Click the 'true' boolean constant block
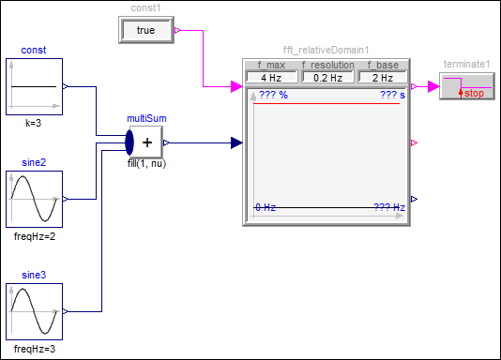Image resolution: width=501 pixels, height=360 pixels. [x=146, y=30]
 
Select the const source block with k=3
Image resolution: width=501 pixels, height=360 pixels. [x=34, y=86]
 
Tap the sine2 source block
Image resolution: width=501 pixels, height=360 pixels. [x=34, y=199]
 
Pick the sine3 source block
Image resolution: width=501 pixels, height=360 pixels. [x=34, y=311]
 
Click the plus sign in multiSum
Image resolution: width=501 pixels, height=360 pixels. [x=147, y=142]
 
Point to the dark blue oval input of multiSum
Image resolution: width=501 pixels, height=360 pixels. [x=129, y=142]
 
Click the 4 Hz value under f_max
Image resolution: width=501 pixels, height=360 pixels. [x=271, y=78]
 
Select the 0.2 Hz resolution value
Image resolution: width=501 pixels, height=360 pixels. [x=327, y=78]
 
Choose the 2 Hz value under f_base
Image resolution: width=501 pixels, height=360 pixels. [x=383, y=78]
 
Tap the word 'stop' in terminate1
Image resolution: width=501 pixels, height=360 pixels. [x=474, y=93]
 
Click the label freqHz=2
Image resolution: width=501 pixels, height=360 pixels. [x=35, y=236]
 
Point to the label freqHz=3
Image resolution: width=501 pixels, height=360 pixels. [x=35, y=349]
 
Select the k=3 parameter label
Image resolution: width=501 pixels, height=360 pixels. [x=34, y=123]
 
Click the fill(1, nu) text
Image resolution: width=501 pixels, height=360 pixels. [x=146, y=164]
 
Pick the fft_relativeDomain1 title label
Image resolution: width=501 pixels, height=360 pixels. [x=326, y=50]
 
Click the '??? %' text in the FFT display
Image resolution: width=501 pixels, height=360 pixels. [x=274, y=95]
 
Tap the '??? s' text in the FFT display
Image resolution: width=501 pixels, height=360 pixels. [x=393, y=95]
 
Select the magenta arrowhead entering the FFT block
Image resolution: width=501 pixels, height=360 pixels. [x=236, y=86]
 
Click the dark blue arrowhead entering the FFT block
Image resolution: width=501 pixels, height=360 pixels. [x=236, y=142]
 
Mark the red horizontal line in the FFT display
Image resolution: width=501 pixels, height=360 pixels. [x=326, y=104]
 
